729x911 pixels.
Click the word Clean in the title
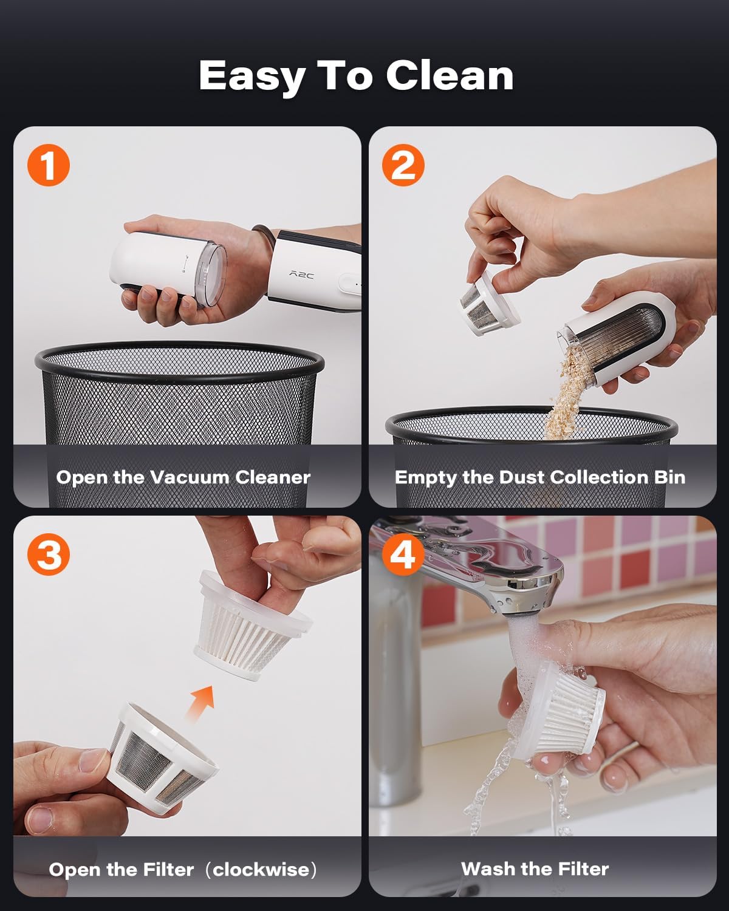tap(450, 76)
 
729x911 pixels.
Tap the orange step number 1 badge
tap(49, 165)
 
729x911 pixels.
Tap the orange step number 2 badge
tap(403, 165)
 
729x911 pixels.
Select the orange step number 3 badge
tap(49, 554)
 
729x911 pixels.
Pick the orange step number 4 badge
tap(403, 554)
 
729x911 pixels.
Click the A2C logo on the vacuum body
tap(301, 275)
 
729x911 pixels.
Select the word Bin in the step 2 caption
tap(669, 477)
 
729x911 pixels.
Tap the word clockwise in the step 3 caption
tap(261, 870)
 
